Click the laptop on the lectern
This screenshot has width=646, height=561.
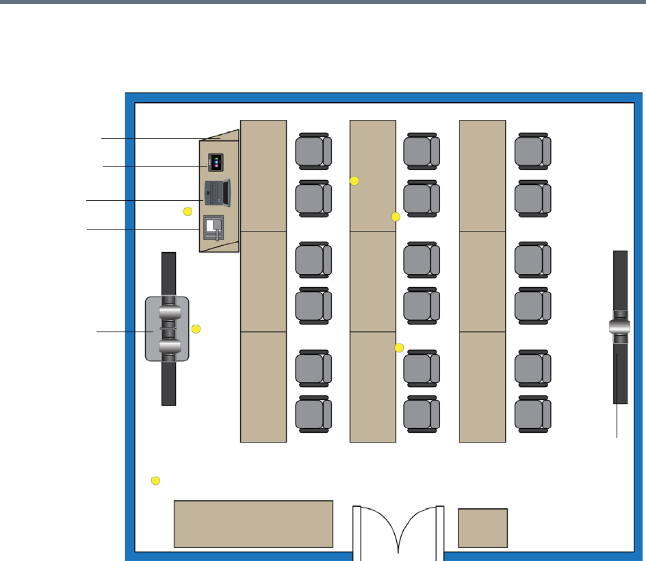coord(218,192)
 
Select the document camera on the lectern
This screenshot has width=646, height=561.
coord(214,226)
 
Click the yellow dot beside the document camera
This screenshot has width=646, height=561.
coord(188,212)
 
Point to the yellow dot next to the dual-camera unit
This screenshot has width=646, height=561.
coord(196,329)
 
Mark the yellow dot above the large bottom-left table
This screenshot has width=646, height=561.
coord(155,480)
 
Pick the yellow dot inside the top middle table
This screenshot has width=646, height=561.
coord(354,180)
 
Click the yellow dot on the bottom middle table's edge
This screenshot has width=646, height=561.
coord(400,348)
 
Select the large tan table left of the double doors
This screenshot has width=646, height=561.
coord(253,523)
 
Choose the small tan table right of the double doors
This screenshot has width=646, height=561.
coord(482,527)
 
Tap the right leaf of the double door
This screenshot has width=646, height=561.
coord(420,527)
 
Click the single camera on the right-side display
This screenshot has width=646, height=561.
coord(621,327)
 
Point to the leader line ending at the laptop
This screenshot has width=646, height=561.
coord(144,200)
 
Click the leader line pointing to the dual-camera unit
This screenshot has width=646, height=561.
coord(123,332)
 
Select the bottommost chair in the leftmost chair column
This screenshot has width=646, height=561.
coord(313,413)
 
